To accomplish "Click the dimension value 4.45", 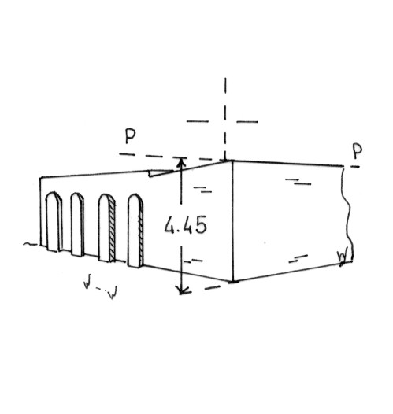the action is pos(185,225).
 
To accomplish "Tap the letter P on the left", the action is pos(130,136).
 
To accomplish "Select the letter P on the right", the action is pos(357,152).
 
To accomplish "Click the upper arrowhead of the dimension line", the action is pos(180,161).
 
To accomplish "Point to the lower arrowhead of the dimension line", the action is pos(181,290).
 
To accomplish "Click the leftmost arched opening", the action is pos(54,221).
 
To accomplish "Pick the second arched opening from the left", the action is pos(77,224).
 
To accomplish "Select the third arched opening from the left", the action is pos(106,228).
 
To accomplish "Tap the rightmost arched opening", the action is pos(135,231).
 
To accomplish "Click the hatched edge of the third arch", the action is pos(112,229).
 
